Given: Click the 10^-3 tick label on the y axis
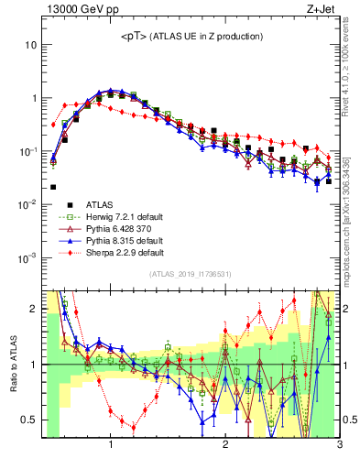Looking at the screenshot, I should (x=27, y=257).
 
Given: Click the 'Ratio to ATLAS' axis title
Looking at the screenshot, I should (x=12, y=364).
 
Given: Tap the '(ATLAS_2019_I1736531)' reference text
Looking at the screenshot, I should (x=191, y=274).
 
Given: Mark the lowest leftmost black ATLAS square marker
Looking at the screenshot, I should (x=53, y=187).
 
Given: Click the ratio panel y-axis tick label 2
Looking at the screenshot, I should (x=33, y=309).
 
